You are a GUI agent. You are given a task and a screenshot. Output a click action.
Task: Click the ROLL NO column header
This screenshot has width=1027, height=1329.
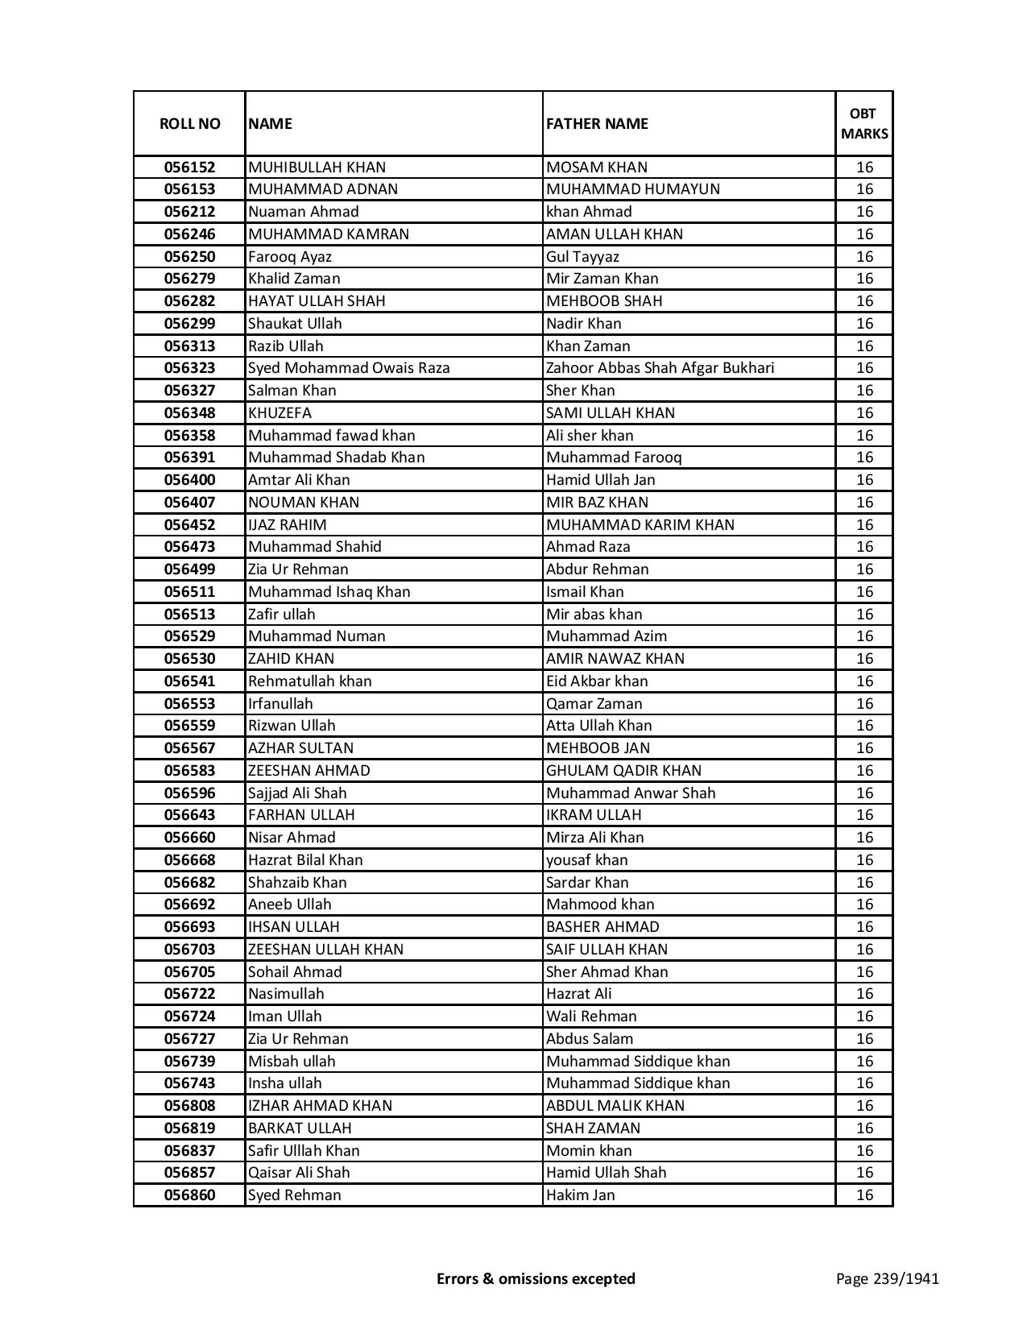pyautogui.click(x=189, y=124)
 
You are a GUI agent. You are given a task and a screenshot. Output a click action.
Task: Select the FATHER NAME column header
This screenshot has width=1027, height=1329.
pyautogui.click(x=597, y=124)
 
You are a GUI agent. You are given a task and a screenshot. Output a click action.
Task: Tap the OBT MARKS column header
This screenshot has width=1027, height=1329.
pyautogui.click(x=863, y=124)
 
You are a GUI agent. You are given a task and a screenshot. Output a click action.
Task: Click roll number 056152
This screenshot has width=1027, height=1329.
pyautogui.click(x=189, y=168)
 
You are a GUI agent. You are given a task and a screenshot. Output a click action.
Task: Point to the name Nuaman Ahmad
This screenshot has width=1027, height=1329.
pyautogui.click(x=304, y=212)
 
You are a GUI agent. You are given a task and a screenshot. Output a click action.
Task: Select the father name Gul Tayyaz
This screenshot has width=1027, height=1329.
pyautogui.click(x=582, y=257)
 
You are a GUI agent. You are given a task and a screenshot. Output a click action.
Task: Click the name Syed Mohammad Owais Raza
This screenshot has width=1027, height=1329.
pyautogui.click(x=349, y=368)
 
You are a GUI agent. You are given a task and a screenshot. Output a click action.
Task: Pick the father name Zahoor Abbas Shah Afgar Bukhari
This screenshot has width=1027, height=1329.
pyautogui.click(x=660, y=368)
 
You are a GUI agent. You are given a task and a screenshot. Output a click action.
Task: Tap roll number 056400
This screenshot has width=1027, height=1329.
pyautogui.click(x=189, y=480)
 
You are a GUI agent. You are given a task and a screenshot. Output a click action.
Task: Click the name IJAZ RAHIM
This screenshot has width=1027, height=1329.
pyautogui.click(x=288, y=525)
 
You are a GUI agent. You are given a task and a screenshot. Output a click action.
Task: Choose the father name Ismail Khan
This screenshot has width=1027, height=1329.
pyautogui.click(x=585, y=592)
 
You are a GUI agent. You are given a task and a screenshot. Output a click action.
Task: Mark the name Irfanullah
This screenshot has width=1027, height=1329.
pyautogui.click(x=280, y=704)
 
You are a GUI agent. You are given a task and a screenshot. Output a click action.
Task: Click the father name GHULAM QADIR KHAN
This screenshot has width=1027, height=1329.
pyautogui.click(x=623, y=771)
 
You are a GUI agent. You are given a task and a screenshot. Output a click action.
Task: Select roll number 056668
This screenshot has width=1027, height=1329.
pyautogui.click(x=189, y=860)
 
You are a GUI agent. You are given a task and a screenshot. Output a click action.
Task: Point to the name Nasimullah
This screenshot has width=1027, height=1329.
pyautogui.click(x=286, y=994)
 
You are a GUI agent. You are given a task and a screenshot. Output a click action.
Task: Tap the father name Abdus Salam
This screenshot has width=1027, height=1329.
pyautogui.click(x=590, y=1039)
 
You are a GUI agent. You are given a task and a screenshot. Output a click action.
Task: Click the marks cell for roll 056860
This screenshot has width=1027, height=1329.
pyautogui.click(x=863, y=1195)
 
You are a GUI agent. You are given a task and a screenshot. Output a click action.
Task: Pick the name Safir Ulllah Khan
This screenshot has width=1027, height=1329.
pyautogui.click(x=304, y=1151)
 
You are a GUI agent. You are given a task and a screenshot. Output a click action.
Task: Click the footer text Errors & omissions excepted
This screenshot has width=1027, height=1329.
pyautogui.click(x=536, y=1278)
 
